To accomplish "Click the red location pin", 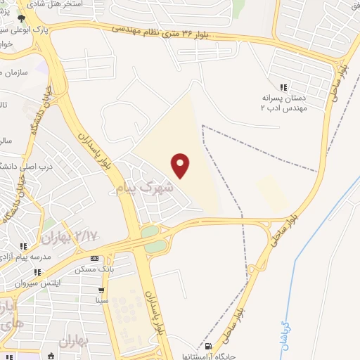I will [181, 165].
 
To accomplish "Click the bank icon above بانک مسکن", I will [104, 258].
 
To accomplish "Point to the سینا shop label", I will [103, 300].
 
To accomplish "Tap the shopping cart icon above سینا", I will [102, 290].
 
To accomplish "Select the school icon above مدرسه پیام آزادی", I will [22, 247].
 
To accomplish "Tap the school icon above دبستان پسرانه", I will [283, 88].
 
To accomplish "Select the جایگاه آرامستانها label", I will [211, 356].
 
